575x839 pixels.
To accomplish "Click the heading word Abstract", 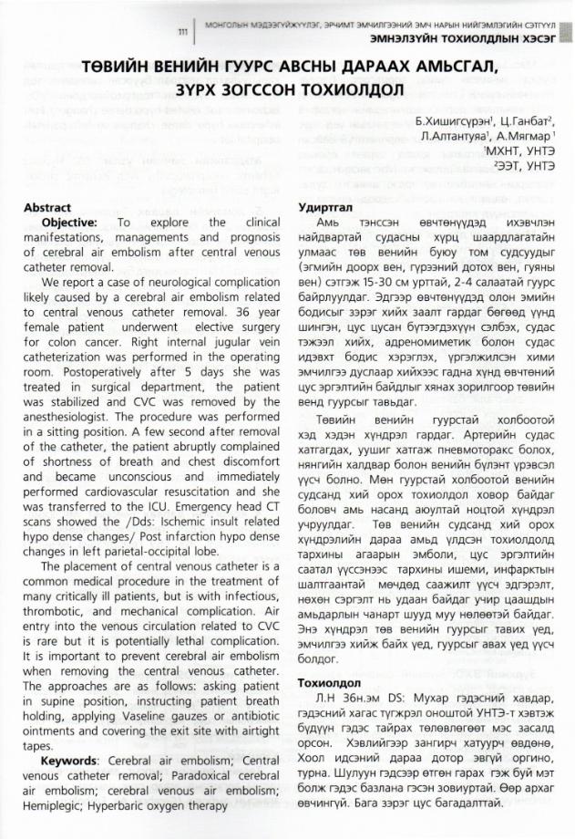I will [x=46, y=208].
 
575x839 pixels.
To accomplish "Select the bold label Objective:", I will [x=70, y=223].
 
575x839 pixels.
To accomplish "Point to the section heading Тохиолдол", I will [x=328, y=683].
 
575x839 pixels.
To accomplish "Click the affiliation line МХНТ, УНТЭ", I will [x=520, y=151].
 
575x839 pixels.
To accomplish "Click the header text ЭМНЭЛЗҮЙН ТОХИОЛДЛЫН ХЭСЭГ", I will [x=463, y=41].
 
